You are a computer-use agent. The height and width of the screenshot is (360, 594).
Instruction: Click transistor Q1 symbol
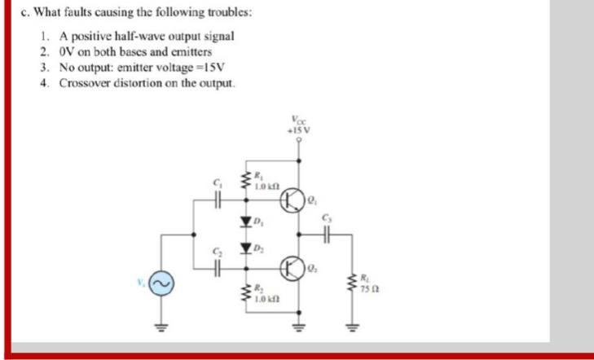coord(292,197)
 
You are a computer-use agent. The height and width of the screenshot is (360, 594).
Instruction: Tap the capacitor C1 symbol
coord(217,197)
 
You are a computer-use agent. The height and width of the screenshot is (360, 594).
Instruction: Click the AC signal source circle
coord(160,283)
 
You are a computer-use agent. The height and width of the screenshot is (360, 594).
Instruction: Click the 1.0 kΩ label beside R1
coord(267,187)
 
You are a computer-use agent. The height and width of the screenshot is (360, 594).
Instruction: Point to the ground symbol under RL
coord(354,331)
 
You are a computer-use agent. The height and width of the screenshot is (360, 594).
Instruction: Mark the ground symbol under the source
coord(160,331)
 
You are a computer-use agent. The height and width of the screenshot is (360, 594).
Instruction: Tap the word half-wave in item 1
coord(139,37)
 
